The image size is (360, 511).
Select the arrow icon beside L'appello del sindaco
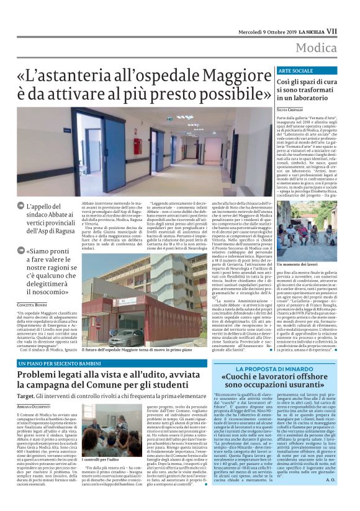21,207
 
